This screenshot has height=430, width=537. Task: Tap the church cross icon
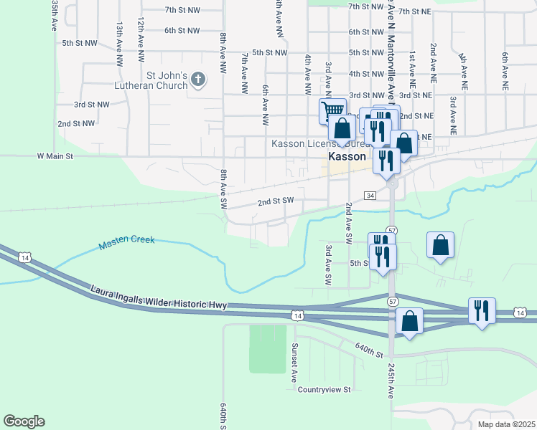pos(199,80)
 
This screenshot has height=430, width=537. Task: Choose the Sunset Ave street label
pos(294,361)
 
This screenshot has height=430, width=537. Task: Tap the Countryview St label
pos(324,390)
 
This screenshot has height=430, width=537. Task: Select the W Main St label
pos(56,156)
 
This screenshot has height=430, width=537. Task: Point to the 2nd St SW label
pos(276,201)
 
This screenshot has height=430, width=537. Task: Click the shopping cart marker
pos(332,112)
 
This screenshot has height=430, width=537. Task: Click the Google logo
pos(24,421)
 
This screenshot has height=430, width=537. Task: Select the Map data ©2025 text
pos(505,424)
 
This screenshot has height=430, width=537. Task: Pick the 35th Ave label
pos(55,15)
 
